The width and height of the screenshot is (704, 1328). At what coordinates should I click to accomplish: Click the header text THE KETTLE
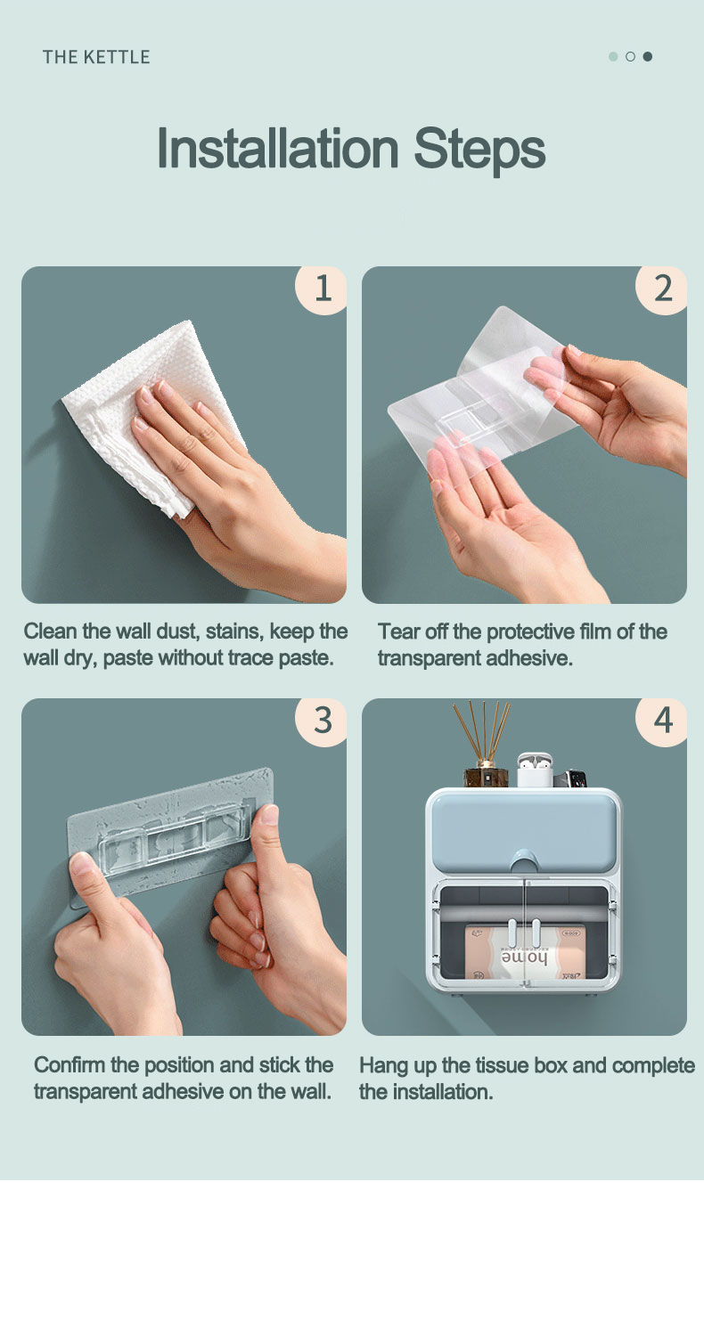tap(96, 57)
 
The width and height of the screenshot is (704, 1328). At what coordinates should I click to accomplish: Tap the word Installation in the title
tap(277, 148)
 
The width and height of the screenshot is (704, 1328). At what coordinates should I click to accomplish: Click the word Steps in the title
tap(479, 150)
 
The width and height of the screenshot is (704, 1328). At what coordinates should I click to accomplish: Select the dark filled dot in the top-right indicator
tap(648, 56)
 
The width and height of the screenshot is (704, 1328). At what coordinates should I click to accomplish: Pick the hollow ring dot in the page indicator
tap(630, 56)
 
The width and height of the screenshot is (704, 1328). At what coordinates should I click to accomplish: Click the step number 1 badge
tap(321, 289)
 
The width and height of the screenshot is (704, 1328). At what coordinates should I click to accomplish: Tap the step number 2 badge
tap(661, 289)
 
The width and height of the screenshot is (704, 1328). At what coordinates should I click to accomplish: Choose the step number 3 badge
tap(321, 721)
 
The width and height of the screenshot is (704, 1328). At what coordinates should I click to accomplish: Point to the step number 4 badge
tap(661, 721)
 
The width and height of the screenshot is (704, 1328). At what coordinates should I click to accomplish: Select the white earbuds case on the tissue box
tap(535, 770)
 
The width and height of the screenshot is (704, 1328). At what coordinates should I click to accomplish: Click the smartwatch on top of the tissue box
tap(570, 778)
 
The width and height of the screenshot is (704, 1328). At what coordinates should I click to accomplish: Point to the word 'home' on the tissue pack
tap(525, 957)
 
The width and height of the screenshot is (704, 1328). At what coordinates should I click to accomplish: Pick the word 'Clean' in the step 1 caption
tap(51, 631)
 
